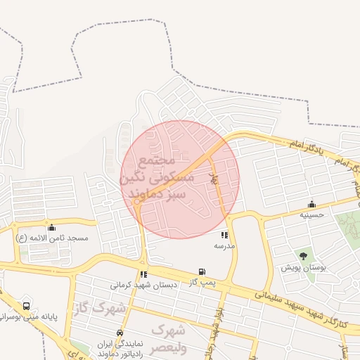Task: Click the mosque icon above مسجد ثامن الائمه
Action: [51, 227]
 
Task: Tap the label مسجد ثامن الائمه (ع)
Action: [53, 238]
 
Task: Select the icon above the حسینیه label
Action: [311, 204]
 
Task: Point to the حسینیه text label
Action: [311, 214]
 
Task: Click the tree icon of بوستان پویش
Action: [303, 256]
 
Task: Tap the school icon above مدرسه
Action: [224, 235]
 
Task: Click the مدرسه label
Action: [224, 247]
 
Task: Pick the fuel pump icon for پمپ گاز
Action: [202, 271]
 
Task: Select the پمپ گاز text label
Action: [202, 282]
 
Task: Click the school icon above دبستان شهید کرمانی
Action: [143, 274]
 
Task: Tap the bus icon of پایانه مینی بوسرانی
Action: [27, 306]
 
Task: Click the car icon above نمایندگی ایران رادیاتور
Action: [120, 332]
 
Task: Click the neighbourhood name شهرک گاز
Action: [98, 308]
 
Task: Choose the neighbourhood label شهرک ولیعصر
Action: [169, 338]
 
